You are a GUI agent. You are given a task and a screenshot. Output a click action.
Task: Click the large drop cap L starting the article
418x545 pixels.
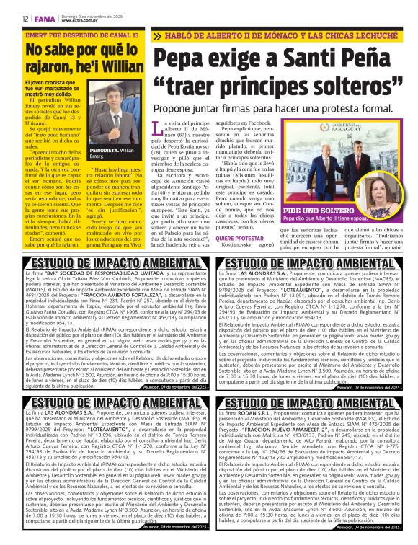pyautogui.click(x=160, y=130)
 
